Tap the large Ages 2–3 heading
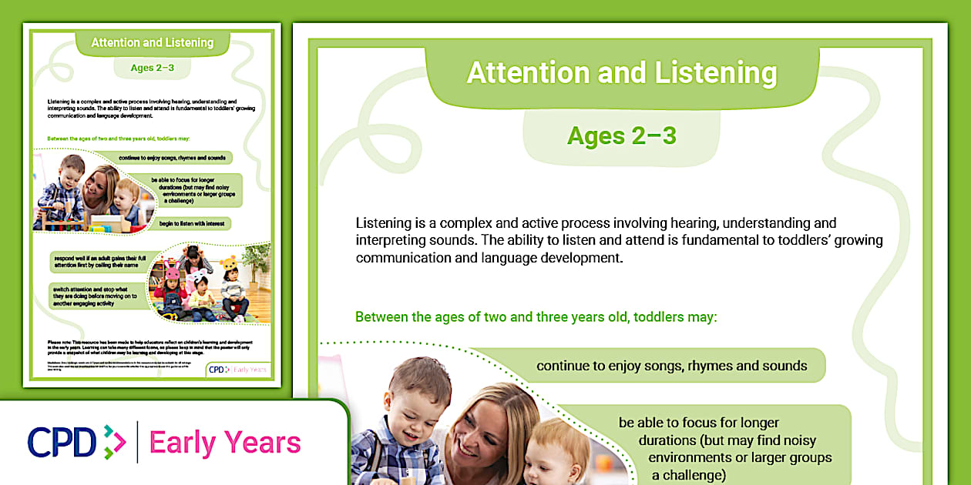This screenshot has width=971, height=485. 621,135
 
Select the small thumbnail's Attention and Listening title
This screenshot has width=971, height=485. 152,42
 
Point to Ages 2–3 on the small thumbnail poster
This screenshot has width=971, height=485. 152,68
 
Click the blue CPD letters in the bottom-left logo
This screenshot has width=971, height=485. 62,443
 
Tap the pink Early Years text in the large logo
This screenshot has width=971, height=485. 225,443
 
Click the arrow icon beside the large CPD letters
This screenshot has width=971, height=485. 113,443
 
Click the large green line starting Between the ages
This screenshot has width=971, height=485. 536,316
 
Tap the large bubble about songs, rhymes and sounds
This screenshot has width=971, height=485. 671,366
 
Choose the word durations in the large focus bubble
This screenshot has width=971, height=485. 668,441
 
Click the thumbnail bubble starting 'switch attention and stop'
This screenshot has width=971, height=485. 98,296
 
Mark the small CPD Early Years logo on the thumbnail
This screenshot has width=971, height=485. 239,370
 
